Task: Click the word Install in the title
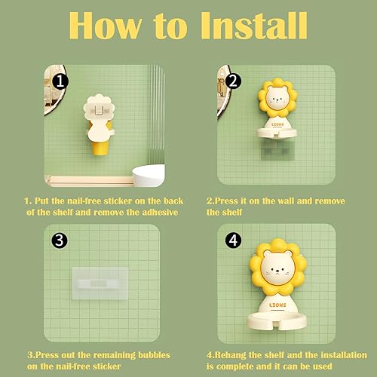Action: [253, 26]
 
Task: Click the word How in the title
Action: [106, 26]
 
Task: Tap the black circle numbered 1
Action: [60, 81]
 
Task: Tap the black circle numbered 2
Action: [233, 81]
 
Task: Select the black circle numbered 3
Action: [60, 240]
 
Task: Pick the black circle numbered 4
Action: [233, 241]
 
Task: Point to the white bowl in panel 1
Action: [149, 175]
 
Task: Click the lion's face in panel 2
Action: [277, 97]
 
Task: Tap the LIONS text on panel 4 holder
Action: [277, 305]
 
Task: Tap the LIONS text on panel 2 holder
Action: [277, 124]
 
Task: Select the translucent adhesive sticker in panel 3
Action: [100, 284]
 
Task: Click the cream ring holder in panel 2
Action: [277, 133]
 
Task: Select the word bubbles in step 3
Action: [154, 355]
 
